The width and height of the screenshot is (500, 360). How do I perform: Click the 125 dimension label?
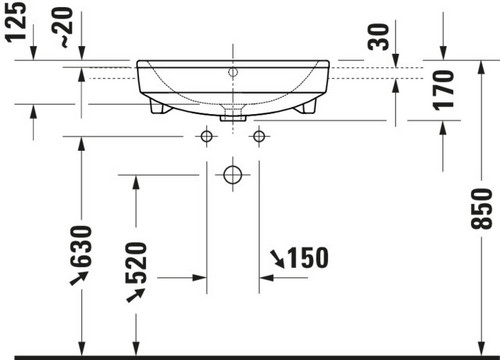coord(16,21)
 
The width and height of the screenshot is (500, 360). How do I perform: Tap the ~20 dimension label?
coord(63,27)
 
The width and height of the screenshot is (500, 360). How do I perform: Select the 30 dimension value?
coord(379,37)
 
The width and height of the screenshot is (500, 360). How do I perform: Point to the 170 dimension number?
coord(443,90)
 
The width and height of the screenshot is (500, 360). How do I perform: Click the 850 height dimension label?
coord(481,209)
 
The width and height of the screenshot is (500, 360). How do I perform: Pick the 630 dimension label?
coord(80,247)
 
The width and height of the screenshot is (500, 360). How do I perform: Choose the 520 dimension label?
coord(136,263)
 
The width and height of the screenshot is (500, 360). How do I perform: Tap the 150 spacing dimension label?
coord(308,258)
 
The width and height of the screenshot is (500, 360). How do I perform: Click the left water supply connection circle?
coord(206,136)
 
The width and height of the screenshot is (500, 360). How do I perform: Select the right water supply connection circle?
coord(259,136)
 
